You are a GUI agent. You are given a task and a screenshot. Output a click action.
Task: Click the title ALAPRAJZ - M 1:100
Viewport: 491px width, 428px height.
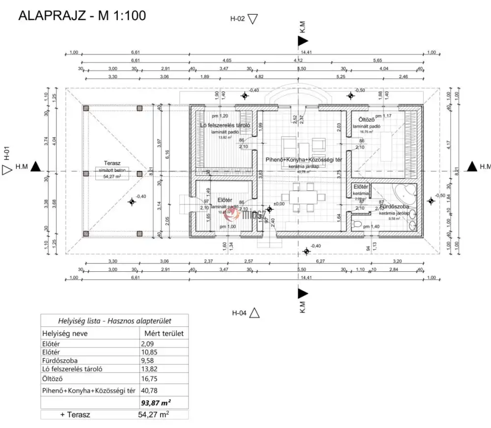click(x=82, y=15)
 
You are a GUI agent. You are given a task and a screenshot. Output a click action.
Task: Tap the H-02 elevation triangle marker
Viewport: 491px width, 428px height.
click(x=253, y=19)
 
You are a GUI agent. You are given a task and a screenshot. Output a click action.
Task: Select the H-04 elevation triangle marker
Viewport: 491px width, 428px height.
click(x=254, y=313)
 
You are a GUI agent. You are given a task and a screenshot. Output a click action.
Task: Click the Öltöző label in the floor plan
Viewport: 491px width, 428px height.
click(x=367, y=119)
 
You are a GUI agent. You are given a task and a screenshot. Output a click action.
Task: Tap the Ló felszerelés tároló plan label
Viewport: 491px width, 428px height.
click(x=226, y=125)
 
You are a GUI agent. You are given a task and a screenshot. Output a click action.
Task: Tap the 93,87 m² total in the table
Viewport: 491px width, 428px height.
click(x=156, y=403)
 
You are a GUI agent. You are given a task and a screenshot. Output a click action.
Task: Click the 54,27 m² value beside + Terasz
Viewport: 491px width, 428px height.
click(x=154, y=415)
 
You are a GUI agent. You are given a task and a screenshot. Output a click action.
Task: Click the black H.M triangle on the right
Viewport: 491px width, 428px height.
click(x=472, y=167)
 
